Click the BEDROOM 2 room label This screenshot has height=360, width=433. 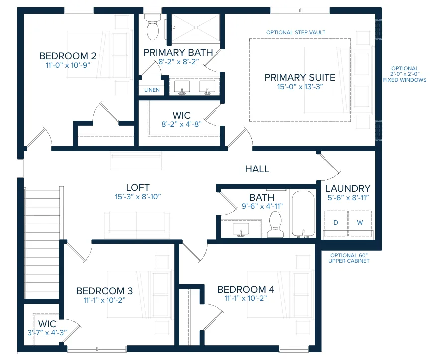click(x=68, y=56)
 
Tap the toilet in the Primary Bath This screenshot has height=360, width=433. click(x=153, y=27)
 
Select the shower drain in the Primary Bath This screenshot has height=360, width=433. click(x=196, y=27)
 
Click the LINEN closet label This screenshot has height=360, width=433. click(x=152, y=90)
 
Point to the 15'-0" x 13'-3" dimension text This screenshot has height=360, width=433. click(x=300, y=87)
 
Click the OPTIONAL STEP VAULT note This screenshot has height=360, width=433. click(x=296, y=32)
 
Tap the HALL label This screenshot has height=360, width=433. click(x=257, y=169)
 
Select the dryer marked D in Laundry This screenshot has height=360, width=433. click(x=336, y=223)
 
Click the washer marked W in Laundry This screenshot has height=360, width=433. click(x=360, y=223)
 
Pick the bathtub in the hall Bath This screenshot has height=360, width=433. click(x=303, y=214)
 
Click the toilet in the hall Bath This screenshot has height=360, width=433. click(x=275, y=225)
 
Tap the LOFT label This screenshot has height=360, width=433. click(x=138, y=187)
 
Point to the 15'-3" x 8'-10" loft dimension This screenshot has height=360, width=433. click(x=138, y=197)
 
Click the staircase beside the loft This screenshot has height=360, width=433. click(x=42, y=243)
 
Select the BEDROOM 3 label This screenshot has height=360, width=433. click(x=105, y=291)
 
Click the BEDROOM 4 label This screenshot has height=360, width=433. click(x=246, y=289)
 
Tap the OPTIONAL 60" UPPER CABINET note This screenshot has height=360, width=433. click(x=349, y=258)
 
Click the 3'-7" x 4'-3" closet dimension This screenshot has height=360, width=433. click(x=47, y=333)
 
